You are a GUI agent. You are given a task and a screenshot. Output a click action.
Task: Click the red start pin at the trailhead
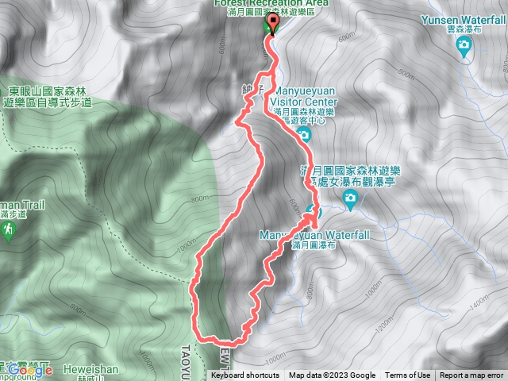coord(273,24)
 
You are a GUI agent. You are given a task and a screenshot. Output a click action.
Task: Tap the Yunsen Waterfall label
coord(465,19)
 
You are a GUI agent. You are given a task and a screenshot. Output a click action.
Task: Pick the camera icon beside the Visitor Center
coord(304,137)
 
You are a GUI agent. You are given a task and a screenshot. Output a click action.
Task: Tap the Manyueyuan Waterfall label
coord(302,236)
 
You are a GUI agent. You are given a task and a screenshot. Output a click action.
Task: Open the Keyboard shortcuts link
coord(245,375)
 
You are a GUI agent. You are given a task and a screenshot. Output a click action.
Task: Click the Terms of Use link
coord(408,375)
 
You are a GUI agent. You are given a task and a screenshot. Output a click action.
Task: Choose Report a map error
coord(471,375)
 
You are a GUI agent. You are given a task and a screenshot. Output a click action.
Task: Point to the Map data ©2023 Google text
coord(333,375)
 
